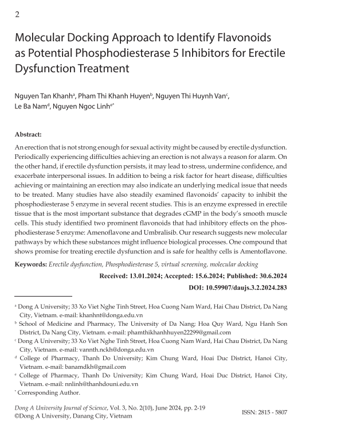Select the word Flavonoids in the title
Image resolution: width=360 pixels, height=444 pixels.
(242, 39)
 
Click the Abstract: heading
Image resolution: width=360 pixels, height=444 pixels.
(28, 134)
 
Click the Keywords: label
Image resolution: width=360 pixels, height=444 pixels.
(30, 264)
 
